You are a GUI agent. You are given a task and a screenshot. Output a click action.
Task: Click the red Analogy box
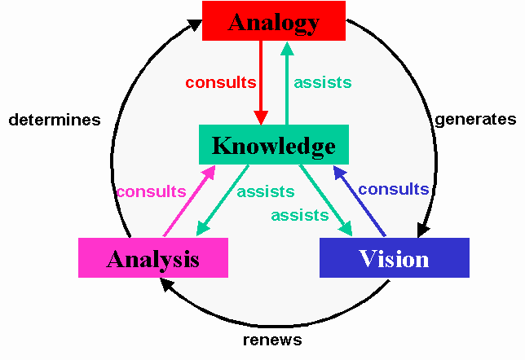point(274,20)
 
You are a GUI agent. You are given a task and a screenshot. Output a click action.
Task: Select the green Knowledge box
point(274,144)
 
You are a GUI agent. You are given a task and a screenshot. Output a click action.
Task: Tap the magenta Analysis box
point(153,257)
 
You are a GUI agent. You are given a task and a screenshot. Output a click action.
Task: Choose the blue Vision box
point(395,257)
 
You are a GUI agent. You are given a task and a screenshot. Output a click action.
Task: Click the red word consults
point(221,82)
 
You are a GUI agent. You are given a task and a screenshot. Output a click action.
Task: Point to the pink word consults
point(152,191)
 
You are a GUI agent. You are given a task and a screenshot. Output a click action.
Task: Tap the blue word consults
point(394,190)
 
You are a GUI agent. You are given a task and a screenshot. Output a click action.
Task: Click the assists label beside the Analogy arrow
point(323,82)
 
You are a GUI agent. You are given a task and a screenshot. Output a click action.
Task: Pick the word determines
point(55,120)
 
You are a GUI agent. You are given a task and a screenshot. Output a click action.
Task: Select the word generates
point(475,120)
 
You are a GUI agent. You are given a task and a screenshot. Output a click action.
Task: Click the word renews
point(272,340)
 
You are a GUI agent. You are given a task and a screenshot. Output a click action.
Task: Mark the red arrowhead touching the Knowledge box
point(261,118)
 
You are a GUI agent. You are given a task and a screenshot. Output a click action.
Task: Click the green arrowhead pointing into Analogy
point(287,49)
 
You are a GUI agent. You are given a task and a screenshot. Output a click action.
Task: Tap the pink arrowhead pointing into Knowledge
point(210,172)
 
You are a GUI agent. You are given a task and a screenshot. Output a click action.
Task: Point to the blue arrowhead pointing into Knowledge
point(339,173)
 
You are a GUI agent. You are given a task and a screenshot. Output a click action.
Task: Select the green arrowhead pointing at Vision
point(346,229)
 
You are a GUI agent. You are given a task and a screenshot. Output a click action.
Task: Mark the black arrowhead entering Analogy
point(195,24)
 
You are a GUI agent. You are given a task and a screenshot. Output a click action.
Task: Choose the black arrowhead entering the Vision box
point(422,230)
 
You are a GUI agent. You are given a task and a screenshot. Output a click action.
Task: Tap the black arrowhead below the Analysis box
point(166,285)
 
